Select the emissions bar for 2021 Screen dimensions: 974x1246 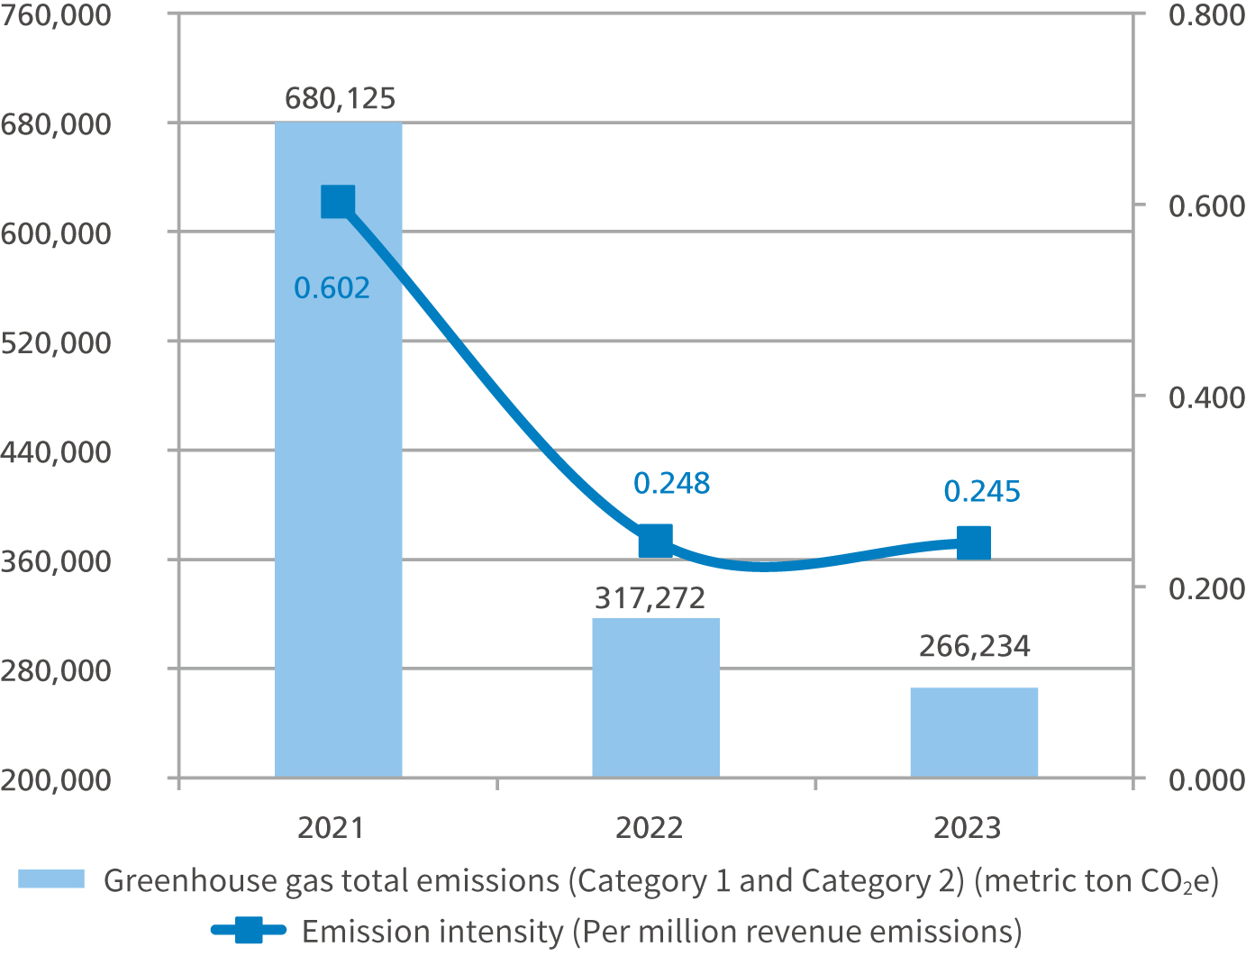pyautogui.click(x=338, y=451)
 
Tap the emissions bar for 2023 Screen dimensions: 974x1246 pyautogui.click(x=974, y=732)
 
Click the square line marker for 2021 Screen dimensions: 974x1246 pyautogui.click(x=338, y=202)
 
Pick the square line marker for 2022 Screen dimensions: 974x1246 pyautogui.click(x=656, y=542)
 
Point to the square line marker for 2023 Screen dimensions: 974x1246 pyautogui.click(x=974, y=542)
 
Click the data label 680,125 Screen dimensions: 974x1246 pyautogui.click(x=341, y=98)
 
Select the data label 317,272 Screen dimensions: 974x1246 pyautogui.click(x=650, y=597)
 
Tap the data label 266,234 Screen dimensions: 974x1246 pyautogui.click(x=974, y=646)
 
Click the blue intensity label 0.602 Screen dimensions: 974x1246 pyautogui.click(x=332, y=288)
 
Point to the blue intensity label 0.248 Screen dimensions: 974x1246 pyautogui.click(x=671, y=484)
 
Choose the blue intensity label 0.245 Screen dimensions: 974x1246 pyautogui.click(x=982, y=492)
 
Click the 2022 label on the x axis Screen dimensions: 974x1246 pyautogui.click(x=649, y=827)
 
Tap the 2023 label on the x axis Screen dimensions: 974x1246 pyautogui.click(x=967, y=827)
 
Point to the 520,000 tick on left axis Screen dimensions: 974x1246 pyautogui.click(x=56, y=342)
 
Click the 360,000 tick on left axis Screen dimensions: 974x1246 pyautogui.click(x=56, y=560)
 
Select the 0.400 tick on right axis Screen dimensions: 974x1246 pyautogui.click(x=1206, y=397)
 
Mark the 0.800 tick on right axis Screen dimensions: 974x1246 pyautogui.click(x=1206, y=15)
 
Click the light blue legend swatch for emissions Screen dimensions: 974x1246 pyautogui.click(x=51, y=879)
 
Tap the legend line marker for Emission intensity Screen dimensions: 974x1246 pyautogui.click(x=249, y=930)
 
